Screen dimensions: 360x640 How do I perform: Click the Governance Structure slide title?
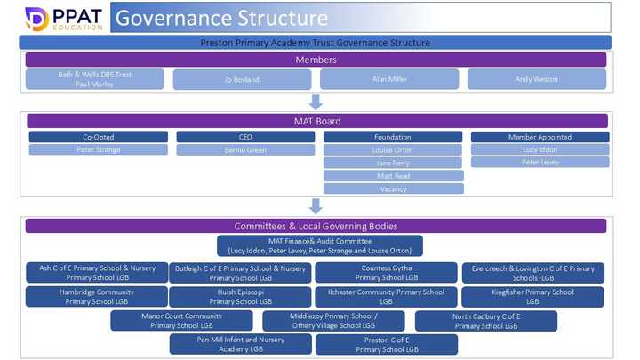click(221, 18)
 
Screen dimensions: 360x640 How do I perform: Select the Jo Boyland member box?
click(242, 79)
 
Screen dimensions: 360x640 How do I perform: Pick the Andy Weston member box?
click(537, 79)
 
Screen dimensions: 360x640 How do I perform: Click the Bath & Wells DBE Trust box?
click(95, 79)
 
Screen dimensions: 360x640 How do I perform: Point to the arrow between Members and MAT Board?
click(316, 101)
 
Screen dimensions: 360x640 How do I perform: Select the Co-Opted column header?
click(98, 137)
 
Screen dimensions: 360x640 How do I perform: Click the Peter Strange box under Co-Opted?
click(98, 150)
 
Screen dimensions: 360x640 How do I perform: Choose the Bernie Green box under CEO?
click(245, 150)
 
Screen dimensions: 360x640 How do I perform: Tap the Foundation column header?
click(393, 137)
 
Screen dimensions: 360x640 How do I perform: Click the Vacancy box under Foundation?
click(393, 188)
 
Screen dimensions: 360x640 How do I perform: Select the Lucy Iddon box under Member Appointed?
click(540, 149)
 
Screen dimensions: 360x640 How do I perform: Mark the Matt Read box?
click(393, 176)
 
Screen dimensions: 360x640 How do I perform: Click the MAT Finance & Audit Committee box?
click(319, 245)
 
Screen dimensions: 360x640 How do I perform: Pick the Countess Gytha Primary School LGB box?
click(387, 272)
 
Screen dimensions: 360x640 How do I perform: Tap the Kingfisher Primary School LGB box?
click(532, 297)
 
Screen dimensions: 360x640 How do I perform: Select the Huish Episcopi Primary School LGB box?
click(239, 297)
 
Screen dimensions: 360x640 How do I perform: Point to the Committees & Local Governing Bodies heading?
click(316, 226)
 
